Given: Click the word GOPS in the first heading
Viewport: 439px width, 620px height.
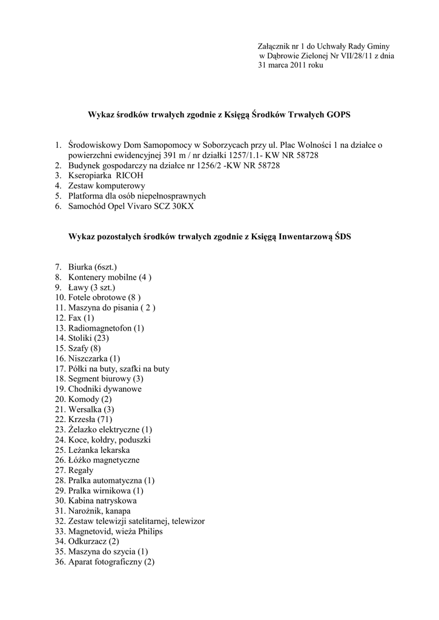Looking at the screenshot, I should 338,114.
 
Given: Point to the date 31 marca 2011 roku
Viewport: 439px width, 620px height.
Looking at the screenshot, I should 291,65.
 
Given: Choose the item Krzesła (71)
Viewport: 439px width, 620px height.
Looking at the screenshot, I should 90,420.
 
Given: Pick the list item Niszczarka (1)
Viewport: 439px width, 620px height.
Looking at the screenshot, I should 94,358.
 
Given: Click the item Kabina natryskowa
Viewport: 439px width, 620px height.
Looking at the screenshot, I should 102,501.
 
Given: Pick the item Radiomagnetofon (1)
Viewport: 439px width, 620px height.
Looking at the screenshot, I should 106,328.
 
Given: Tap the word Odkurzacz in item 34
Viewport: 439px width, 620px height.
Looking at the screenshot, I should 88,542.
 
